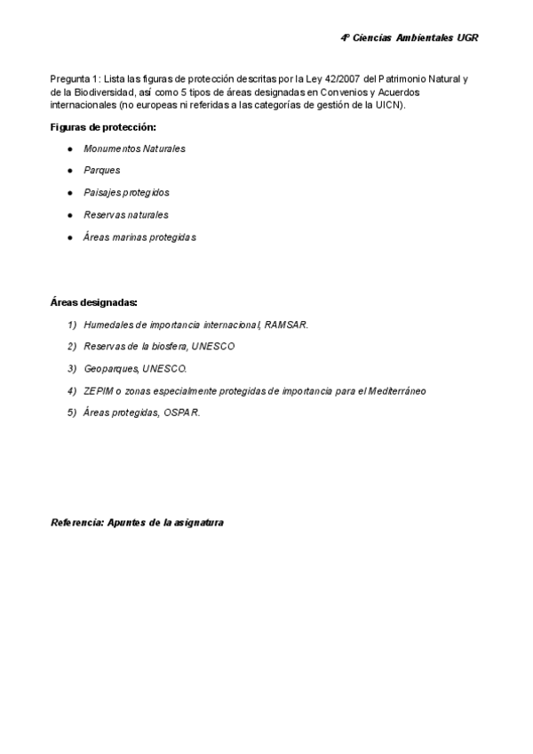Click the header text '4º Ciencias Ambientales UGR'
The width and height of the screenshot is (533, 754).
(410, 39)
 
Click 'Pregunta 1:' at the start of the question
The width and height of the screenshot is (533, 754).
(75, 79)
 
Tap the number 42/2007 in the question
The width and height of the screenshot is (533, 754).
(345, 79)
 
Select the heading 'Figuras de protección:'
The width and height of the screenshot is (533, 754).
(103, 127)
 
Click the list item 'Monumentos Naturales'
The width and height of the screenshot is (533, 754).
(134, 148)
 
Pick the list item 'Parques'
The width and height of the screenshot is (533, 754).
(102, 170)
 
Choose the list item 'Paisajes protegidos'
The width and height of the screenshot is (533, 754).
(126, 192)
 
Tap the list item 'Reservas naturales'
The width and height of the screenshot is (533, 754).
(125, 214)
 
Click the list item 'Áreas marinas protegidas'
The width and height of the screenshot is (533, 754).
(139, 237)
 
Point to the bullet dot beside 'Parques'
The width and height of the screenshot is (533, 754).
(69, 170)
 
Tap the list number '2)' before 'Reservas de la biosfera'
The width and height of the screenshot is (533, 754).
(72, 346)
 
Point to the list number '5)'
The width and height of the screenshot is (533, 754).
(72, 413)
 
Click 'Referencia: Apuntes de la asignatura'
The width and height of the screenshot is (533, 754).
(137, 523)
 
